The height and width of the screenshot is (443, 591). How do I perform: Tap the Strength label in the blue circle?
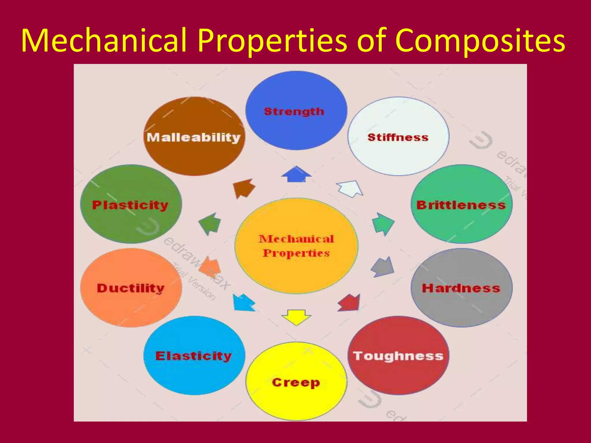tap(294, 112)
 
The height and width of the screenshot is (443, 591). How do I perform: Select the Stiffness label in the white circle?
tap(398, 137)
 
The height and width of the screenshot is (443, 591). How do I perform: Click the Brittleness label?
tap(461, 205)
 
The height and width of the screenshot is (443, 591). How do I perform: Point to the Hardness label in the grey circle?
tap(461, 288)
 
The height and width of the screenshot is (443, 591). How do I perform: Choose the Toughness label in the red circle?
tap(398, 356)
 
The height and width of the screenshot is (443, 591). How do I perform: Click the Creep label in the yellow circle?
tap(296, 382)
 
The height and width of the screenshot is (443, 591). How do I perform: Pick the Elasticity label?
tap(193, 356)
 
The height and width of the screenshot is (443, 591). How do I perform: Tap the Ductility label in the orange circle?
tap(131, 288)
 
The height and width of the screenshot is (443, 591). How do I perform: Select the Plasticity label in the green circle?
tap(130, 205)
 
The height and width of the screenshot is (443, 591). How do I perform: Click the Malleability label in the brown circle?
tap(194, 137)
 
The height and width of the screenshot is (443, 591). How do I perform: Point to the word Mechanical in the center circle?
tap(296, 239)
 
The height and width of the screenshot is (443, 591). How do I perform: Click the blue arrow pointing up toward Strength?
tap(296, 174)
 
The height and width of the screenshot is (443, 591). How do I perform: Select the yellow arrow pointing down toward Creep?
tap(296, 317)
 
